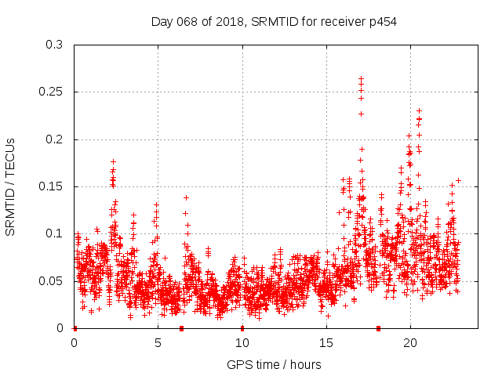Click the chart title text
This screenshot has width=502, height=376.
pyautogui.click(x=274, y=21)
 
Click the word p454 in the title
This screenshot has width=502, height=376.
pyautogui.click(x=380, y=21)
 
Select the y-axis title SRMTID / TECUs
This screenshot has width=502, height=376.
pyautogui.click(x=10, y=186)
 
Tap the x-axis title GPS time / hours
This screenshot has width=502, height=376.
pyautogui.click(x=274, y=364)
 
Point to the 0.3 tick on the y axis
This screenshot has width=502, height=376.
pyautogui.click(x=54, y=45)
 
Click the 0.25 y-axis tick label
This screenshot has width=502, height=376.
pyautogui.click(x=51, y=92)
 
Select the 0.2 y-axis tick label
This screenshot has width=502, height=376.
pyautogui.click(x=54, y=139)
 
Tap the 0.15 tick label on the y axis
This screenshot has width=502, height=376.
pyautogui.click(x=51, y=186)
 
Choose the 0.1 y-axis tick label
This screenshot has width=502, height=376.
pyautogui.click(x=54, y=233)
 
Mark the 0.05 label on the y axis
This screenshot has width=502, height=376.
pyautogui.click(x=51, y=281)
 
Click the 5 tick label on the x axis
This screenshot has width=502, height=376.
pyautogui.click(x=158, y=343)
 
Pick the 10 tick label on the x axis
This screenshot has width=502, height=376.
pyautogui.click(x=242, y=343)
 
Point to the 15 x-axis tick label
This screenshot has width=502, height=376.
pyautogui.click(x=326, y=343)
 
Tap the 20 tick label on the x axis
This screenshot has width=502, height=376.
pyautogui.click(x=409, y=343)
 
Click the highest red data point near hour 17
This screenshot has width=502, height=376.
pyautogui.click(x=361, y=78)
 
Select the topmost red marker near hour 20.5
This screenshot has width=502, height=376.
pyautogui.click(x=419, y=110)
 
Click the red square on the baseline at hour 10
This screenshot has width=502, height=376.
pyautogui.click(x=242, y=328)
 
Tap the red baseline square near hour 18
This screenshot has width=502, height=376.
pyautogui.click(x=378, y=328)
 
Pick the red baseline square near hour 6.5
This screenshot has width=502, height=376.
pyautogui.click(x=181, y=328)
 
